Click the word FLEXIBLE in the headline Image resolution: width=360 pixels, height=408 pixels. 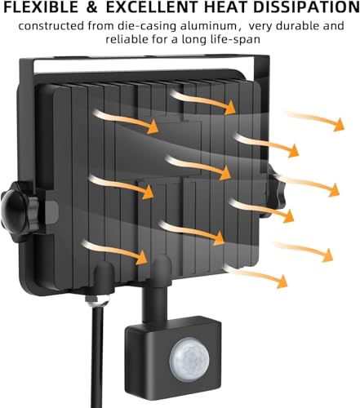[41, 7]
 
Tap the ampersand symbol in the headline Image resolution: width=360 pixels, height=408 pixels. [92, 7]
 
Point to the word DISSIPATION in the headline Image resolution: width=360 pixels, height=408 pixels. [309, 7]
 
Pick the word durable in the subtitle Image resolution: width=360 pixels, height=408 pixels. [296, 26]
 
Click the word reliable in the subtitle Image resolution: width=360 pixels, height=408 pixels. [125, 39]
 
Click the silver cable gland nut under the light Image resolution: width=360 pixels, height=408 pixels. [96, 299]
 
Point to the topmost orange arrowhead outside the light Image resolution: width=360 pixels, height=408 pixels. [339, 125]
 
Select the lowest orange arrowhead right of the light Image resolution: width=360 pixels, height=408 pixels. [282, 282]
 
